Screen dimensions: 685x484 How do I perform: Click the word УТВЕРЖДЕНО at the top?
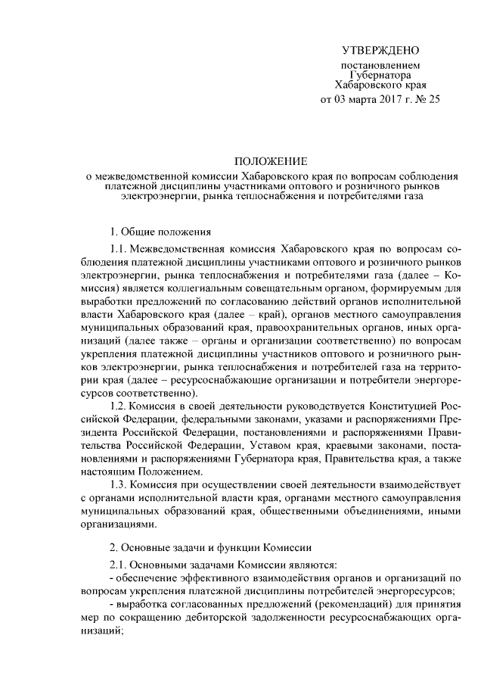[380, 51]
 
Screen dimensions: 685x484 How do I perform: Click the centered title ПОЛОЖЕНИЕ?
[270, 161]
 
